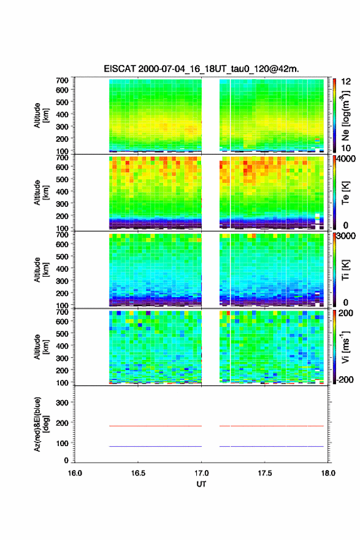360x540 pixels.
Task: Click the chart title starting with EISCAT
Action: pos(201,69)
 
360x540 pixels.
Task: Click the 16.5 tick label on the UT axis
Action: pos(138,473)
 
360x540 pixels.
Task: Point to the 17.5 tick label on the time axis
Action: pos(265,473)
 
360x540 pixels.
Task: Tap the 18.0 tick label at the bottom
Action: pos(328,473)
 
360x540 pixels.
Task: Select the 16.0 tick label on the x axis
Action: pos(75,473)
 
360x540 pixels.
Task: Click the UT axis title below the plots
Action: pos(201,484)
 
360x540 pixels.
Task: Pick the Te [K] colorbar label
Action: pos(345,193)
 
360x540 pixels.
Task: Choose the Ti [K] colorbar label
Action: pos(345,270)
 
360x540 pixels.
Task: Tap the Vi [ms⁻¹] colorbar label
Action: pos(345,347)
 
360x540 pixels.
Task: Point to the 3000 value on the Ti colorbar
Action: pos(346,236)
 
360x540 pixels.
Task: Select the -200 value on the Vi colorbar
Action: pos(344,379)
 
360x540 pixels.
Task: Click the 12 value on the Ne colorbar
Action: pos(346,82)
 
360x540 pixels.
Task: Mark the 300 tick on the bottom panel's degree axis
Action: pos(63,403)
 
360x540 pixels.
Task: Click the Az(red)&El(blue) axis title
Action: pos(40,424)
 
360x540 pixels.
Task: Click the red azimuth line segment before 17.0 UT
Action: pos(155,426)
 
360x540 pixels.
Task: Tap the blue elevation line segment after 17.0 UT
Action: pos(272,446)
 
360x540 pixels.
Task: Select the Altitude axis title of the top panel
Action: pos(41,115)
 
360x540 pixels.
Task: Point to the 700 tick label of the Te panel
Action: pos(63,157)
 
